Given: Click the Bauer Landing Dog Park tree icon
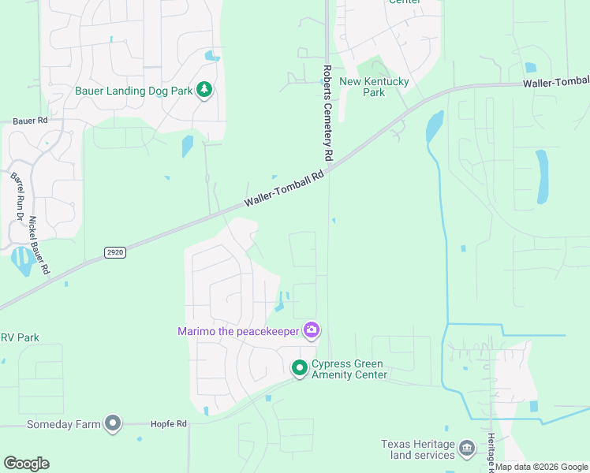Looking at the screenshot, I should [204, 90].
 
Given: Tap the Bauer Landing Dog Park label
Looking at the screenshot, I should [133, 91].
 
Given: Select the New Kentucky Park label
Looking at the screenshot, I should [373, 87].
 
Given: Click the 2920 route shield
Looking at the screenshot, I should [114, 251].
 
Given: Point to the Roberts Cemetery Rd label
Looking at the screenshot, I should [328, 110].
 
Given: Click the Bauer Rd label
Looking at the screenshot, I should [31, 121].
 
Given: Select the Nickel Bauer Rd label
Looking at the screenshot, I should [39, 246].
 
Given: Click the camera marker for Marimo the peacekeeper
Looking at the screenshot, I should [312, 330].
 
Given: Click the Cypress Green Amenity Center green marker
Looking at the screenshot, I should [300, 367].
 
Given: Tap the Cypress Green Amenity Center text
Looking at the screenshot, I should [349, 369].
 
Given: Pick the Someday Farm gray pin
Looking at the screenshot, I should [113, 424].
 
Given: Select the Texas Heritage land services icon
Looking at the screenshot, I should [467, 449].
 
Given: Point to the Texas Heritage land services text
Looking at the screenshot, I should [417, 449].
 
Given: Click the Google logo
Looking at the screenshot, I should [26, 464].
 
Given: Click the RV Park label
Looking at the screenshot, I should [20, 337].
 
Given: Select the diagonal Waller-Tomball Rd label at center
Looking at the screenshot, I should [285, 189].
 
